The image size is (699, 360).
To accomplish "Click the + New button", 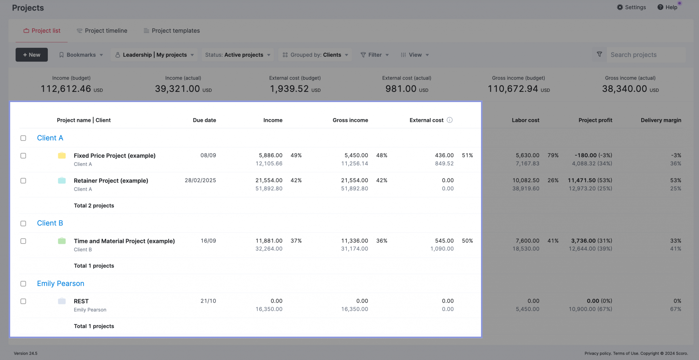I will point(31,55).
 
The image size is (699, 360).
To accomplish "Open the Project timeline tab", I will point(102,31).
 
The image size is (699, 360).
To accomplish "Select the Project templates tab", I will point(172,31).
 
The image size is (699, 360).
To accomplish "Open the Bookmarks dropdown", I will point(81,55).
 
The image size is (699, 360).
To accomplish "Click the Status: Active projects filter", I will point(238,55).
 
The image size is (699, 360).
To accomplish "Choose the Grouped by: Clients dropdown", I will point(315,55).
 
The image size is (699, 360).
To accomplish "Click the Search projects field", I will point(645,55).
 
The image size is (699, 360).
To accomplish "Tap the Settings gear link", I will point(631,7).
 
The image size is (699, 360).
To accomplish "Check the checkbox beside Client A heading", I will point(23,138).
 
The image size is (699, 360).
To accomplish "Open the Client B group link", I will point(50,223).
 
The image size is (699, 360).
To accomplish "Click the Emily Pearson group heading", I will point(60,284).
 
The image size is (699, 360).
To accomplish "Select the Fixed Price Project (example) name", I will point(114,156).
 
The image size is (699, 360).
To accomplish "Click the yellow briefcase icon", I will point(62,156).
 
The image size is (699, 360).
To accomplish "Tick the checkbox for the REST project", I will point(23,301).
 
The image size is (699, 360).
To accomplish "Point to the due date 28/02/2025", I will point(200,180).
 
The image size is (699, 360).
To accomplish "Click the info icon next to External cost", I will point(450,120).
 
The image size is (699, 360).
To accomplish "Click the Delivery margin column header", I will point(660,120).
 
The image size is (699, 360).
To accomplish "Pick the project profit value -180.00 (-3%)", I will point(593,155).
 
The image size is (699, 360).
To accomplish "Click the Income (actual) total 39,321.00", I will point(177,89).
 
